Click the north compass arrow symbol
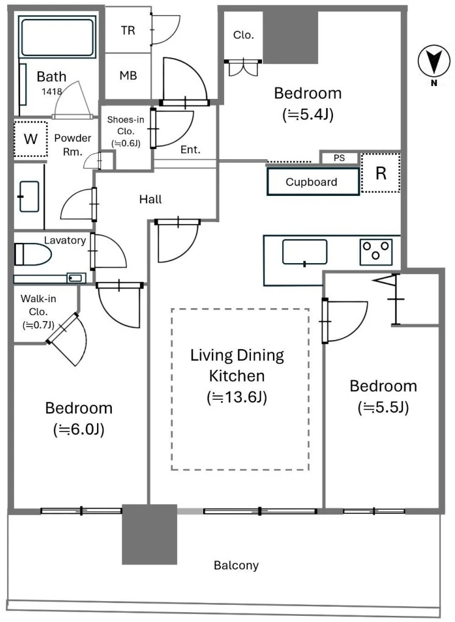click(434, 60)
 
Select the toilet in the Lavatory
click(33, 255)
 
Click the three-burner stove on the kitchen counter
click(376, 251)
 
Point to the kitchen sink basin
click(305, 252)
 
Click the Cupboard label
click(311, 182)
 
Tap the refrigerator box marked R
click(380, 173)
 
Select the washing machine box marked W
click(31, 139)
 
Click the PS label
click(339, 158)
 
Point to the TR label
click(128, 30)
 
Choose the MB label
click(128, 75)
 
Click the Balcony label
click(236, 565)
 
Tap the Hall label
click(150, 199)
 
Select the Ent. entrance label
click(191, 150)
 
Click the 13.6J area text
click(237, 397)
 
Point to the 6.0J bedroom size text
click(79, 429)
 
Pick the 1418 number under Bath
click(52, 92)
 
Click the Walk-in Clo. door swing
click(67, 339)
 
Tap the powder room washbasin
click(29, 197)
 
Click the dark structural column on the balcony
click(149, 534)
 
